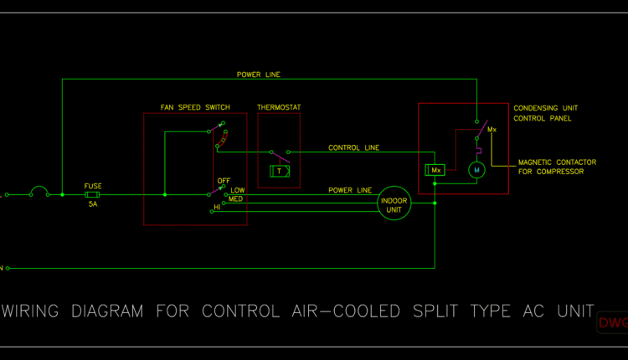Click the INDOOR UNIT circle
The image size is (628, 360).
tap(394, 205)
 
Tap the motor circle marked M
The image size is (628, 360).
tap(476, 170)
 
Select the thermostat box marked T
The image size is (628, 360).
tap(280, 171)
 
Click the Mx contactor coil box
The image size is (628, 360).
tap(434, 170)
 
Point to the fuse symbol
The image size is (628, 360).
tap(94, 194)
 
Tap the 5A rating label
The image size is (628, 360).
tap(93, 203)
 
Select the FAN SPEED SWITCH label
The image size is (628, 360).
tap(195, 108)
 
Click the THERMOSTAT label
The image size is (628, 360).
tap(279, 108)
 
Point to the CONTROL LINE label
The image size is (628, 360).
tap(353, 148)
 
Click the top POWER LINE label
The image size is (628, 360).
tap(259, 75)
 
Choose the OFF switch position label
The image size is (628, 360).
tap(224, 181)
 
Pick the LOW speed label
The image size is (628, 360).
tap(238, 190)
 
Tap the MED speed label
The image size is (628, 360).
tap(236, 198)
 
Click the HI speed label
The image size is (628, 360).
tap(217, 207)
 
